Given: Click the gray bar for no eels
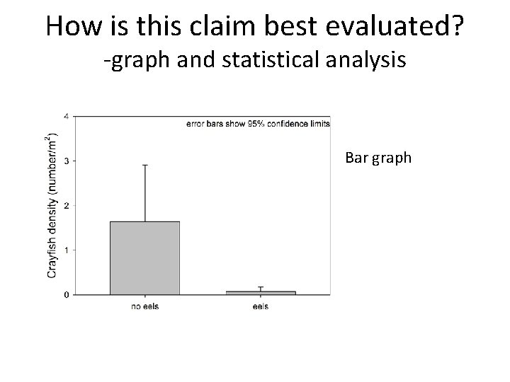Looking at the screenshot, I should [144, 258].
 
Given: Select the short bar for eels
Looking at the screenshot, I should [261, 292].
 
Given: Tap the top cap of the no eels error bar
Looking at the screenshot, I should [144, 166].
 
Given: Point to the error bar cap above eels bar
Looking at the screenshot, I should [261, 287].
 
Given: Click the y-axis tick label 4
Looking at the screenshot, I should [67, 117].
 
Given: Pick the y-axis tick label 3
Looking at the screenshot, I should [67, 161].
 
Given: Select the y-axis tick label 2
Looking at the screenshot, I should [67, 206].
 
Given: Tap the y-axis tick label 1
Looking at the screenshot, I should [67, 250].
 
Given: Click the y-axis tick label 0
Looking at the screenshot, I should [67, 295].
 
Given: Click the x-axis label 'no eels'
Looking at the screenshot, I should [144, 306].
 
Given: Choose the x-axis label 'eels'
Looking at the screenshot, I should [261, 306].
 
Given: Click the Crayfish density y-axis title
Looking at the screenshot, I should [51, 205].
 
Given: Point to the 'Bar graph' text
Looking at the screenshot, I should [378, 157].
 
